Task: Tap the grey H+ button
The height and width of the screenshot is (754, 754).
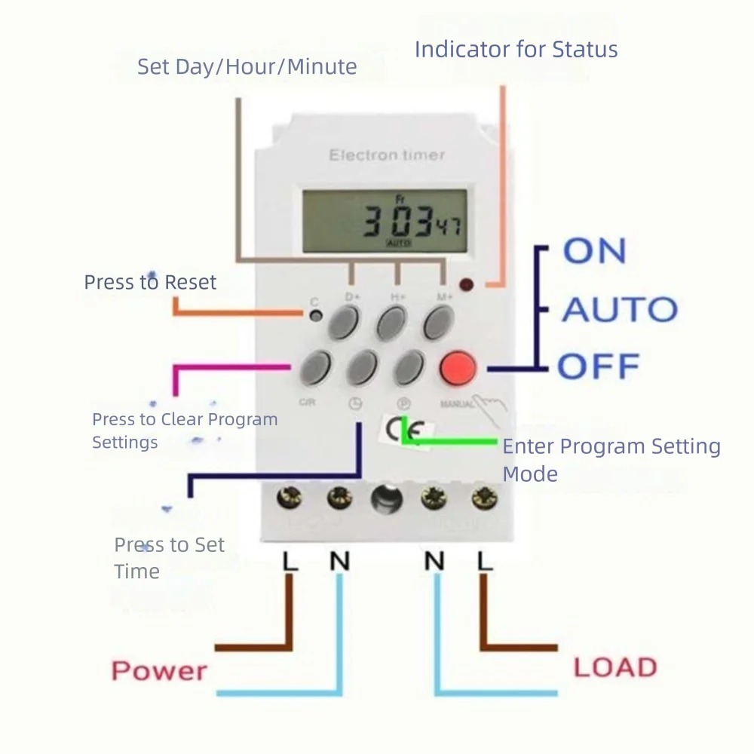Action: tap(392, 323)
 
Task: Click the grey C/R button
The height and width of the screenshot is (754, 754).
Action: tap(315, 367)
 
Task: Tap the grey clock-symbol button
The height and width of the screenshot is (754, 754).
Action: tap(362, 367)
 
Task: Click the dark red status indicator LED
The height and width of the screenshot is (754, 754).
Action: tap(466, 285)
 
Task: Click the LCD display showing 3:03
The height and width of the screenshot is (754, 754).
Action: tap(384, 222)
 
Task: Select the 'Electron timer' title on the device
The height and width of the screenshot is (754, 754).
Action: tap(386, 155)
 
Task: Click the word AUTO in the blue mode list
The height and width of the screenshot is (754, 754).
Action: tap(619, 310)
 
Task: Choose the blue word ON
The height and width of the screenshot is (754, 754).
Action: tap(594, 252)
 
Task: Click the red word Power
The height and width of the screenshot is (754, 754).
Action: tap(159, 670)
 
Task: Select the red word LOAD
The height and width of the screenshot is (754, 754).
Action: tap(615, 667)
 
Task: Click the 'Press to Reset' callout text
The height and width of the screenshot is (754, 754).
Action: tap(150, 283)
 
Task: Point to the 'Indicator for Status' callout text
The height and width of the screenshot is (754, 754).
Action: tap(516, 50)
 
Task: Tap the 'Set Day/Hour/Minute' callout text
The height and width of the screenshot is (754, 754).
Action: tap(247, 66)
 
